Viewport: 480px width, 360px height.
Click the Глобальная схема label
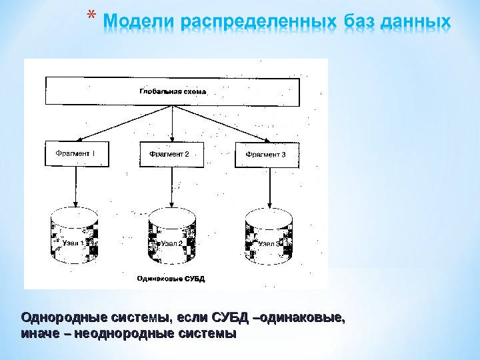(x=173, y=91)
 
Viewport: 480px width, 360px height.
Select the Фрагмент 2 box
(x=172, y=155)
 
